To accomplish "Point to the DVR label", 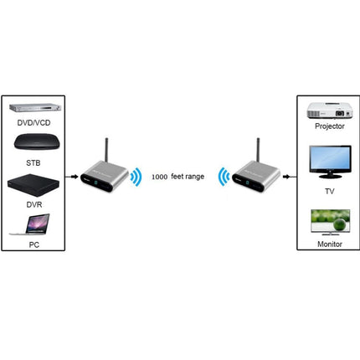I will tap(33, 203).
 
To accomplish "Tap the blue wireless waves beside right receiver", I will tap(222, 177).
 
